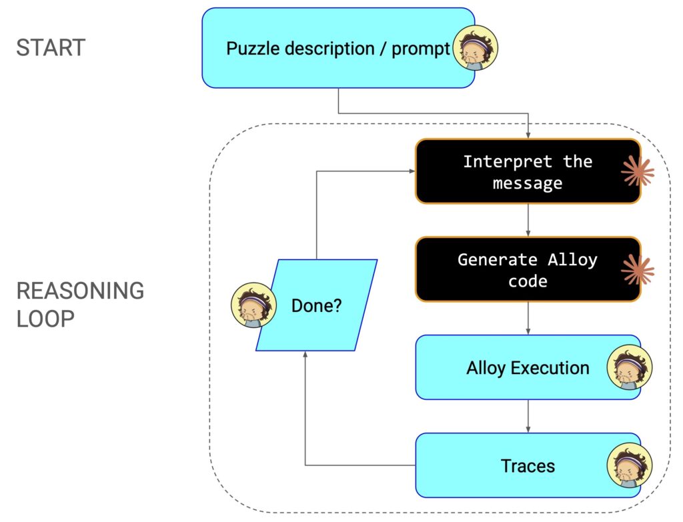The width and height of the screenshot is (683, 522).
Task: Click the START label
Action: pyautogui.click(x=51, y=48)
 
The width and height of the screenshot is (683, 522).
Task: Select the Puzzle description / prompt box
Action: pyautogui.click(x=333, y=48)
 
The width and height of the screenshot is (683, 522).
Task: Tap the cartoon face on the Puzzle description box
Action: pyautogui.click(x=475, y=48)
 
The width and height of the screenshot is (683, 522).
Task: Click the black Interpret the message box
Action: pyautogui.click(x=528, y=171)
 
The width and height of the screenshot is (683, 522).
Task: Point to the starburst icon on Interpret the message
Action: pyautogui.click(x=637, y=171)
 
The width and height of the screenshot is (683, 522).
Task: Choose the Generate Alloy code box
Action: pyautogui.click(x=528, y=269)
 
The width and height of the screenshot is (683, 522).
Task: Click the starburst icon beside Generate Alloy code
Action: pyautogui.click(x=637, y=269)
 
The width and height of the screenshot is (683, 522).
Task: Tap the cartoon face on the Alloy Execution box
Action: pyautogui.click(x=630, y=367)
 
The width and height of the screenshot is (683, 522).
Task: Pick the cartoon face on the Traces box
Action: pyautogui.click(x=630, y=465)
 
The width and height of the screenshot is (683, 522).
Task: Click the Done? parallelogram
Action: pyautogui.click(x=317, y=305)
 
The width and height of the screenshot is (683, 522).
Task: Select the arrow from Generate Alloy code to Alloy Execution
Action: pyautogui.click(x=528, y=318)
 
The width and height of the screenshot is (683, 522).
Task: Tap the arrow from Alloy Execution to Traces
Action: pyautogui.click(x=528, y=416)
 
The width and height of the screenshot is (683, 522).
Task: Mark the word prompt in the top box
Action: pyautogui.click(x=420, y=49)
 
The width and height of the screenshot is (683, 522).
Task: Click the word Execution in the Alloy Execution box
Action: pyautogui.click(x=548, y=368)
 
